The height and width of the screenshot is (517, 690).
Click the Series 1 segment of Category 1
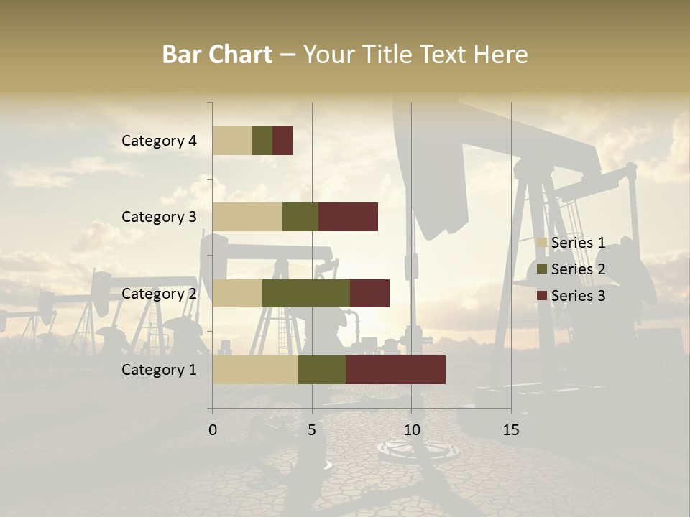(x=255, y=370)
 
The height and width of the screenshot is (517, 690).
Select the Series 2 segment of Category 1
(x=322, y=370)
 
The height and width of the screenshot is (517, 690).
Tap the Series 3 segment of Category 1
(x=395, y=370)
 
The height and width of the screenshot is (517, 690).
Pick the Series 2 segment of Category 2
(x=306, y=294)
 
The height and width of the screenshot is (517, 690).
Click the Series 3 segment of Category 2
(x=369, y=294)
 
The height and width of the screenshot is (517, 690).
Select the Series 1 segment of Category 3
(x=247, y=217)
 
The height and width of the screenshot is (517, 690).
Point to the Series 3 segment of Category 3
(x=348, y=217)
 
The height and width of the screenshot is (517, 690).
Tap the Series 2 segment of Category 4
(x=262, y=141)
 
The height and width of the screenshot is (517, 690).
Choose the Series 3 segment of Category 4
(x=282, y=141)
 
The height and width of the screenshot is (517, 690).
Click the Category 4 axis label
(x=159, y=141)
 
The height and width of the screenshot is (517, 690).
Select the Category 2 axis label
(x=159, y=294)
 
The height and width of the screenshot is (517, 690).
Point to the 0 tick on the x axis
(x=213, y=430)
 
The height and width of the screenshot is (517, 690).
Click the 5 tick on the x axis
(x=312, y=430)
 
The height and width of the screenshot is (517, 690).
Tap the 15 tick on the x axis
(x=511, y=430)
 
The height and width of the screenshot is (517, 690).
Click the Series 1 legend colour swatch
(x=542, y=243)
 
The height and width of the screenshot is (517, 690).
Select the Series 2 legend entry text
(x=578, y=269)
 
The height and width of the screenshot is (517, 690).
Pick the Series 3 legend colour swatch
(x=542, y=296)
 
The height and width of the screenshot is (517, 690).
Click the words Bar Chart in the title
(x=217, y=55)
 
